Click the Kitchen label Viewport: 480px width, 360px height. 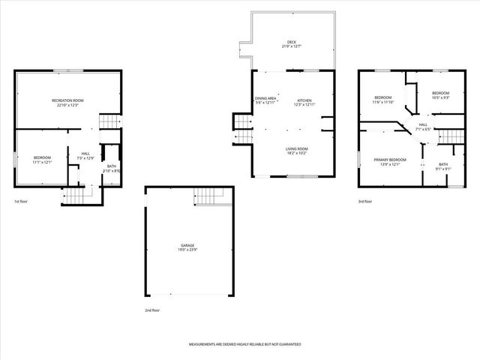coord(304,101)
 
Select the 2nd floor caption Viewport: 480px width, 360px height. coord(152,310)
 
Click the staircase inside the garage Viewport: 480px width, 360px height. coord(211,196)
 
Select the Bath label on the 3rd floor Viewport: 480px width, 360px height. coord(443,166)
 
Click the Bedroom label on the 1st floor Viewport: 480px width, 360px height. coord(41,159)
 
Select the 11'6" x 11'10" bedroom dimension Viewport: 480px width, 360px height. coord(383,102)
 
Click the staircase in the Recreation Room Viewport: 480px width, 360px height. coord(110,122)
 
